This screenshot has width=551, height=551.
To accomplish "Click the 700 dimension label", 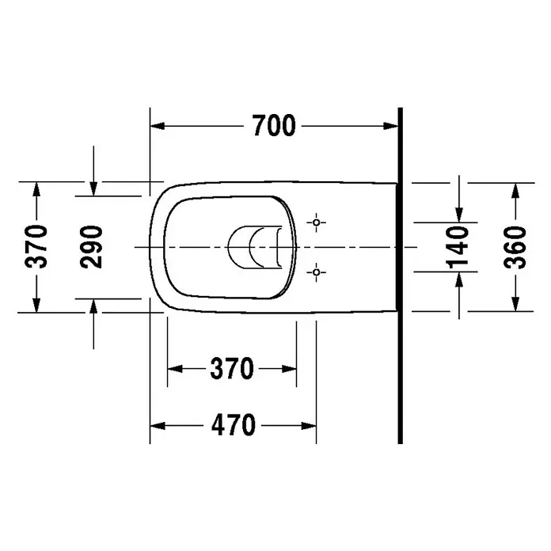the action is (274, 125).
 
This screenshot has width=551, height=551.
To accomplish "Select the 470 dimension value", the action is (234, 425).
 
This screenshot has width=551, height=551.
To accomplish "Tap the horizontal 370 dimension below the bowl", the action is (232, 369).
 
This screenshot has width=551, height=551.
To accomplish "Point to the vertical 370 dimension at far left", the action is (36, 247).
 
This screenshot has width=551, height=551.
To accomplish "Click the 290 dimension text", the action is (92, 247).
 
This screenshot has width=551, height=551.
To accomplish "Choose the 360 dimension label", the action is (515, 247).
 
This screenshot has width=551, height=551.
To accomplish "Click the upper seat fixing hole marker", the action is (316, 222).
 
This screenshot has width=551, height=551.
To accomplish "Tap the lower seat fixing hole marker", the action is (316, 272).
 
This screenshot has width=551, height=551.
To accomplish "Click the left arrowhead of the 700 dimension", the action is (157, 126).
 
